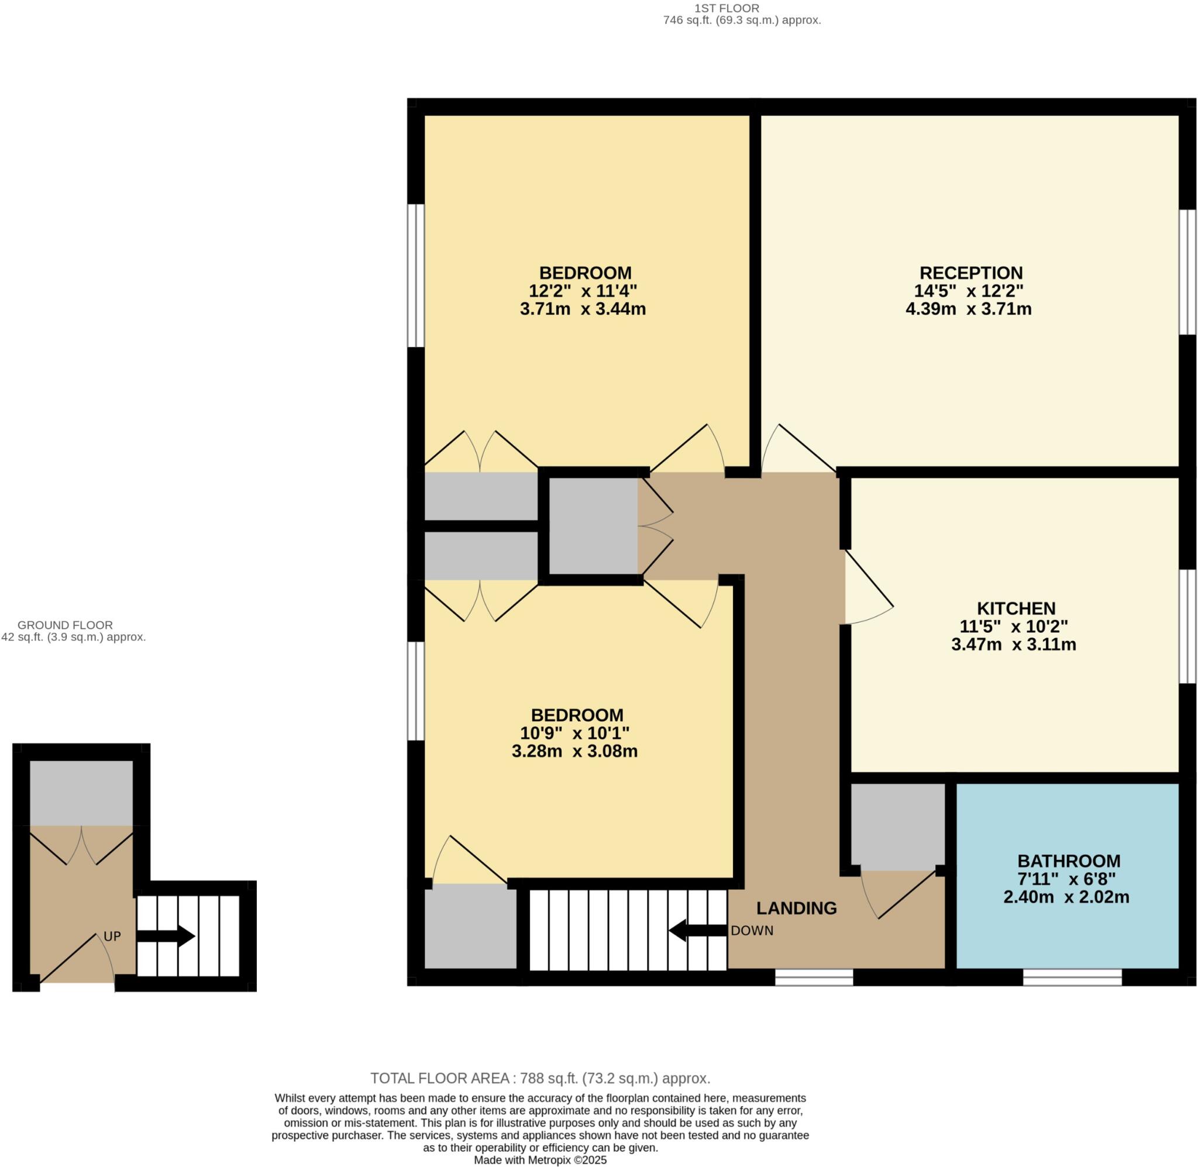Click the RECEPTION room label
(970, 273)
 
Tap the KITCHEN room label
(1016, 608)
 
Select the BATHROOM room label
(1069, 861)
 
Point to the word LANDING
(796, 908)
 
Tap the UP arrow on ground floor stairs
(166, 937)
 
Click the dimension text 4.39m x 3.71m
(968, 309)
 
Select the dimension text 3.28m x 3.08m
(574, 752)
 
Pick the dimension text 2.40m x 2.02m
(1066, 897)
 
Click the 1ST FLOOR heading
(727, 8)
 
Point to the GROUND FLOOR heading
(65, 625)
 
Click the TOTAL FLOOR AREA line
(540, 1078)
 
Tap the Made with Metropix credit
(540, 1160)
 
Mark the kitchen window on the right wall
(1188, 626)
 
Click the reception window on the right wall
(1188, 272)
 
